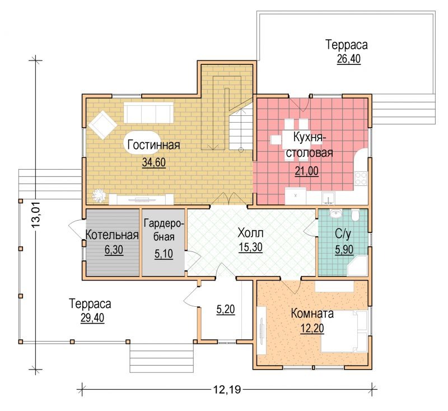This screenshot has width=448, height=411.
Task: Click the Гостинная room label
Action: click(x=153, y=145)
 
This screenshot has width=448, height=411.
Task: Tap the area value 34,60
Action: click(x=153, y=162)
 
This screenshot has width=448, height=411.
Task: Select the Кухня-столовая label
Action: click(x=310, y=145)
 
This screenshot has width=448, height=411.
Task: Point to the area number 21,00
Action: click(x=306, y=171)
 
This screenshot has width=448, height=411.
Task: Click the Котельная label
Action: click(x=112, y=235)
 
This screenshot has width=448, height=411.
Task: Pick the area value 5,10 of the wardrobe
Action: click(x=164, y=254)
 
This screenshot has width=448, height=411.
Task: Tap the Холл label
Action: click(x=250, y=233)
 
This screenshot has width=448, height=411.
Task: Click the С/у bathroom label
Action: click(x=343, y=234)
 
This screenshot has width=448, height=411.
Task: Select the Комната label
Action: click(x=312, y=314)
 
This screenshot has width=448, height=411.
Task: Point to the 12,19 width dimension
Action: click(x=227, y=389)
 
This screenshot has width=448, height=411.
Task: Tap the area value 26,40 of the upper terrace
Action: click(x=348, y=59)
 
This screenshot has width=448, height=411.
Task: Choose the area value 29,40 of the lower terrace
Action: click(x=92, y=317)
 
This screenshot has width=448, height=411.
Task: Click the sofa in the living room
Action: click(x=148, y=113)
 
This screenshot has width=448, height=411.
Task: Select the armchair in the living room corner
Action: click(x=102, y=125)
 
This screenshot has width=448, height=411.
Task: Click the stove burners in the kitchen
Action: click(x=361, y=178)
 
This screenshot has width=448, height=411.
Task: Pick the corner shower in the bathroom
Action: click(x=357, y=265)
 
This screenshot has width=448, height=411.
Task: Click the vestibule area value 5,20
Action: click(x=226, y=309)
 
